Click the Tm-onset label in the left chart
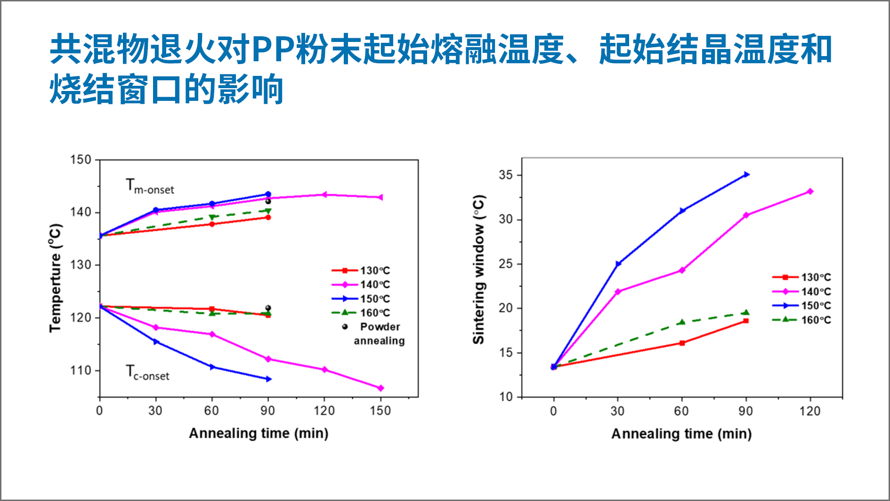[x=149, y=186]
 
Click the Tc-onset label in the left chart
[x=147, y=373]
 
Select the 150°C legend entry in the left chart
[x=361, y=299]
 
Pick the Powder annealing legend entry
[x=375, y=333]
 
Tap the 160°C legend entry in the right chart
[x=801, y=320]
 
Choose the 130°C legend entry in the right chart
[x=801, y=277]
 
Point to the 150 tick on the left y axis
[x=81, y=160]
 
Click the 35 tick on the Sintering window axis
[x=506, y=175]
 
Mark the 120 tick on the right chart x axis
[x=809, y=411]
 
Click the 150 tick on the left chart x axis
[x=380, y=411]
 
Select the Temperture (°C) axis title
[x=56, y=278]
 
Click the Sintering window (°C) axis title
[x=478, y=270]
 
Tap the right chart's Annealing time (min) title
[x=681, y=434]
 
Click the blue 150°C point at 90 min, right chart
[x=746, y=175]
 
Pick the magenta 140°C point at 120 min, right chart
[x=810, y=191]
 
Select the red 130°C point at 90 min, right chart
[x=746, y=321]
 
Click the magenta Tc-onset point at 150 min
[x=380, y=388]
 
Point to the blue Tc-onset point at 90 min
[x=268, y=379]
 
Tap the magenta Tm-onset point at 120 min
[x=324, y=195]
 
